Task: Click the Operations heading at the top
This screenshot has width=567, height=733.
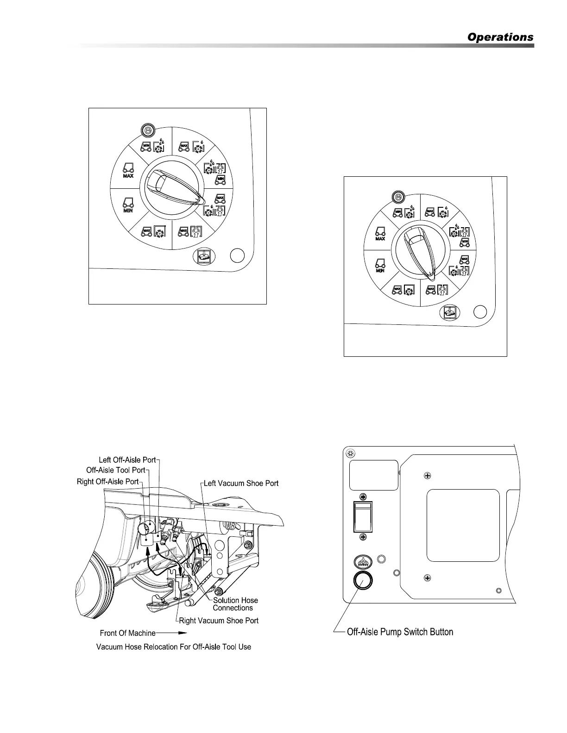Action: click(500, 37)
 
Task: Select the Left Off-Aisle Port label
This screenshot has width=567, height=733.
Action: click(127, 460)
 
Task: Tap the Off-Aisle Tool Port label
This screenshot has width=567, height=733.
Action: click(115, 470)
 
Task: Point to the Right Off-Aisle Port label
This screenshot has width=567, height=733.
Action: click(108, 481)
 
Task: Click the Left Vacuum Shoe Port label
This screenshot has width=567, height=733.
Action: click(241, 484)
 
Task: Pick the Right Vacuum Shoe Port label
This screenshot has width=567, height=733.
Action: click(219, 621)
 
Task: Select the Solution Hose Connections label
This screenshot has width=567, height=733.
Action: click(235, 604)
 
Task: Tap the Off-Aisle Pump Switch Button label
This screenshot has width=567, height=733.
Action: click(400, 632)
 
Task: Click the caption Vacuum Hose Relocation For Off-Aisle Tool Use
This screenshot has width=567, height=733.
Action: click(174, 646)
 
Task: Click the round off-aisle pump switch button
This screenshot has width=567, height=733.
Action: click(363, 581)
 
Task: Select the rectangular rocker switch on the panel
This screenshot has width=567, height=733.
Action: click(363, 517)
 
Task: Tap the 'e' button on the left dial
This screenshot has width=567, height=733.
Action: click(148, 130)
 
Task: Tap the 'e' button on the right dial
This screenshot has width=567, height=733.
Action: click(398, 197)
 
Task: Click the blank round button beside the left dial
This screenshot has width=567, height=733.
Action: click(237, 255)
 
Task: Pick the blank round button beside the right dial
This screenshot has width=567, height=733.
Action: click(480, 312)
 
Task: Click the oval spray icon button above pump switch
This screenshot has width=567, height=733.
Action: click(363, 562)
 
